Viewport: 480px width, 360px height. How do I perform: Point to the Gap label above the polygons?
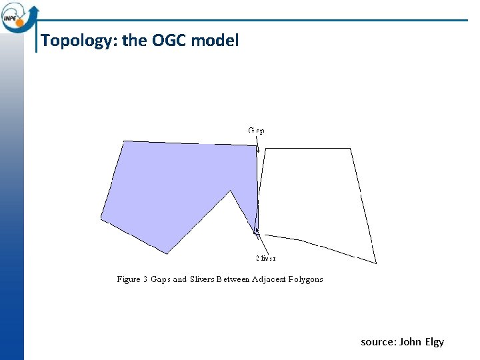(x=256, y=131)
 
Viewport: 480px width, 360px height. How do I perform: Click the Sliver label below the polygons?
(x=265, y=258)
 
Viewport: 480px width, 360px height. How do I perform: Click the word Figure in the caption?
(x=128, y=279)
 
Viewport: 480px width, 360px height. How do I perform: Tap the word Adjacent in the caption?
(x=268, y=279)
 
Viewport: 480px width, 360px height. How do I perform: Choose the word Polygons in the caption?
(x=306, y=279)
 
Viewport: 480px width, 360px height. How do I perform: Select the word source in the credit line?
(x=377, y=342)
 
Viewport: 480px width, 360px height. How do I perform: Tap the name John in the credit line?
(x=410, y=342)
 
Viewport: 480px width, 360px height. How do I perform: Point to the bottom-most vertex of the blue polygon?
(x=167, y=253)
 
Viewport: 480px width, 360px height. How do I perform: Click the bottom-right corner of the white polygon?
(x=377, y=263)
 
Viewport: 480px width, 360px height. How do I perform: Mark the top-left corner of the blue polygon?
(x=124, y=141)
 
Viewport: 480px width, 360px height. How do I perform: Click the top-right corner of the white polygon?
(x=351, y=149)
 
